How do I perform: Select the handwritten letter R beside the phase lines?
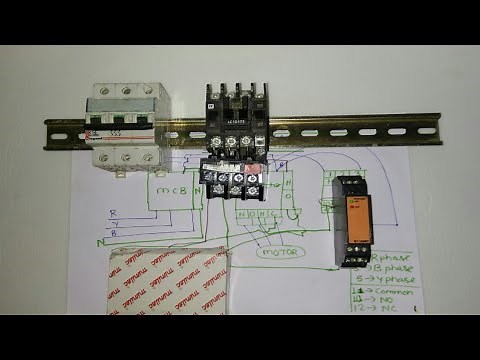[x=115, y=213]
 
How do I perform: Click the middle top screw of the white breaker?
[x=126, y=90]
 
